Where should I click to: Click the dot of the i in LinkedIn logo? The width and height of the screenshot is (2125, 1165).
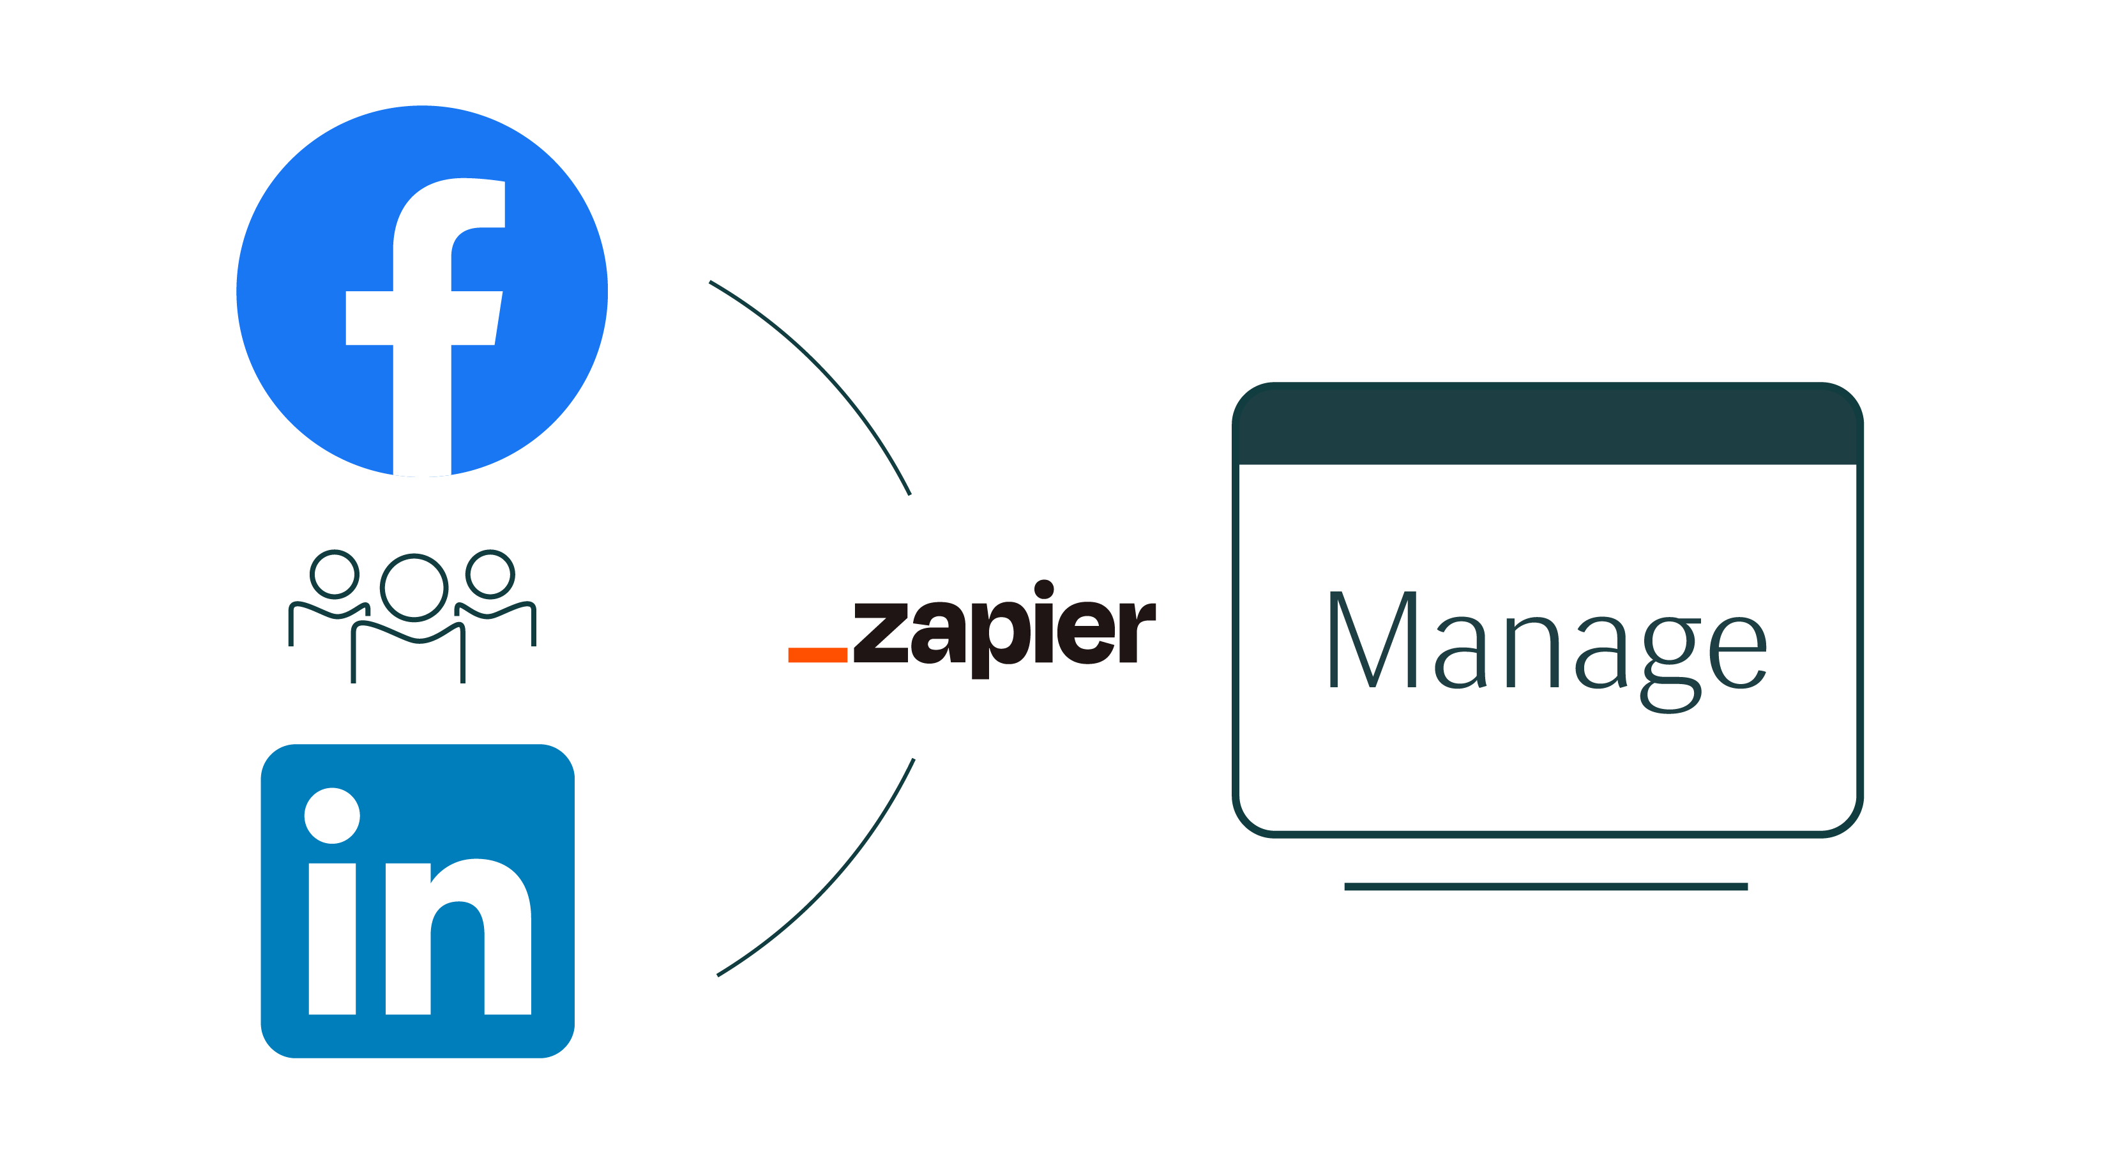(x=333, y=815)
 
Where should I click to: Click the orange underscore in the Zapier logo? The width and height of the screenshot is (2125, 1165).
(x=817, y=655)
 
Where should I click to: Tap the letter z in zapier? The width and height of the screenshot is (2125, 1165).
(x=881, y=633)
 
